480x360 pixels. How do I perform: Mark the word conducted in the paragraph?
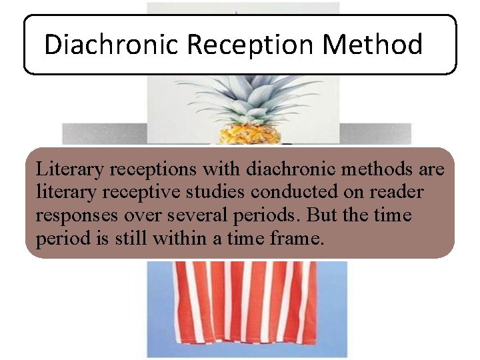tap(291, 193)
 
